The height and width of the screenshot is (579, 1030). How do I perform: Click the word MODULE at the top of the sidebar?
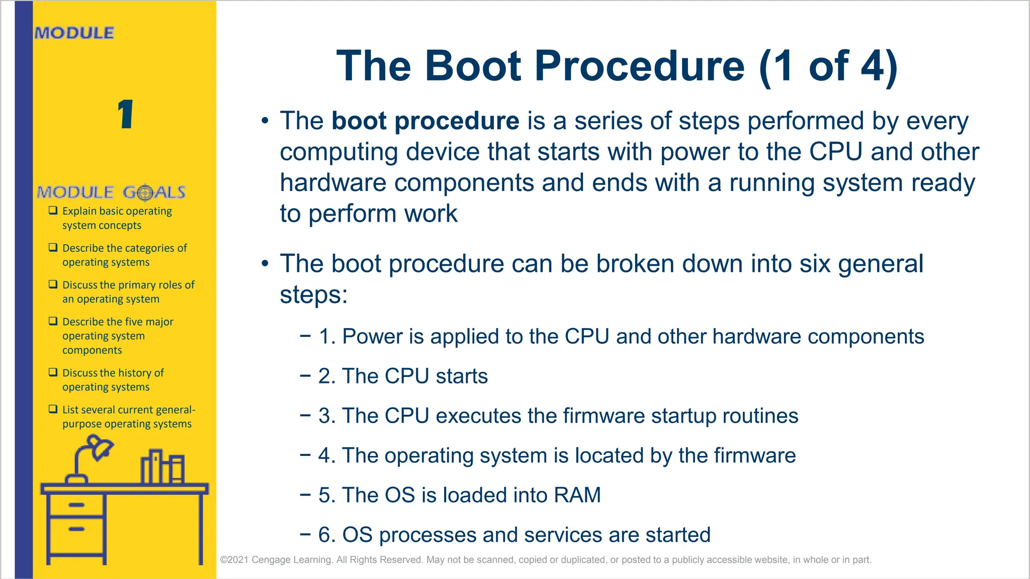[74, 33]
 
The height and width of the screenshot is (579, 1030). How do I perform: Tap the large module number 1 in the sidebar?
[125, 114]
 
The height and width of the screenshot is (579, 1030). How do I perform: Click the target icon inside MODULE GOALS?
[145, 192]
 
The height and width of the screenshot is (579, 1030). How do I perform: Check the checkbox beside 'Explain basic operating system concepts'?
[53, 211]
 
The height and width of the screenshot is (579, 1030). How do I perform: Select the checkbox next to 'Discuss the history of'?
[53, 372]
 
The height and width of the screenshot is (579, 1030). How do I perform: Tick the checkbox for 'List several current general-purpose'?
[53, 409]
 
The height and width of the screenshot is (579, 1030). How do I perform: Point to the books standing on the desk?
[162, 467]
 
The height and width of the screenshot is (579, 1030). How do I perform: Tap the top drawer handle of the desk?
[76, 505]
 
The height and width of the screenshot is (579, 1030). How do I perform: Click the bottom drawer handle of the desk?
[76, 529]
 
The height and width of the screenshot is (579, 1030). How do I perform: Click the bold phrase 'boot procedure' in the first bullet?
[425, 121]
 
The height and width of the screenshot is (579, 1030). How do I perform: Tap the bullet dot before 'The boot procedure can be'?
[265, 263]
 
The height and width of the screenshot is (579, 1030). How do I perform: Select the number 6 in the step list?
[326, 535]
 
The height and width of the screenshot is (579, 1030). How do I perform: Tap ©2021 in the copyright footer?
[233, 560]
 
